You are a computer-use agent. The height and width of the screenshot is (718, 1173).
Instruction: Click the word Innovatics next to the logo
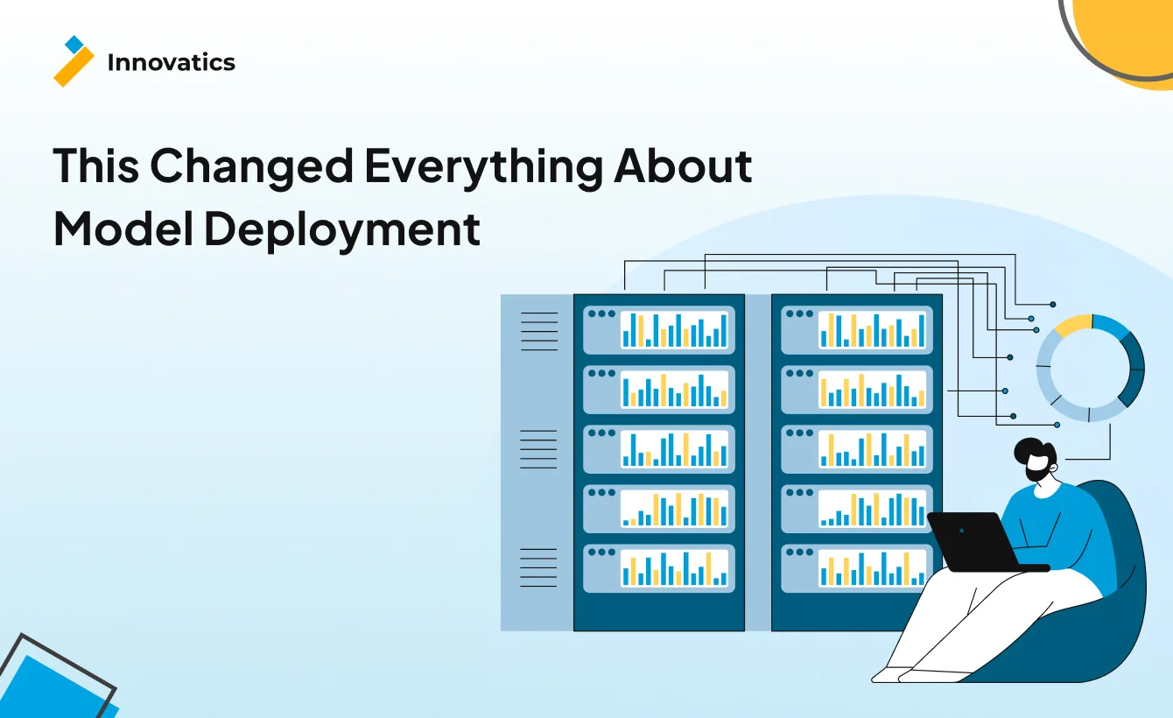(172, 62)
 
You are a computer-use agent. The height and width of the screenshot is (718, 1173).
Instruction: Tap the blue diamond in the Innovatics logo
(74, 45)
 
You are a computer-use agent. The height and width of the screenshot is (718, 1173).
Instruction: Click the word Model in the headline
(123, 229)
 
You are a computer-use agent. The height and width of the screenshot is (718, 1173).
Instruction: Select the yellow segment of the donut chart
(1073, 325)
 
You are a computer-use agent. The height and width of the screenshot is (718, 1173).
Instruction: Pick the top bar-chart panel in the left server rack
(659, 330)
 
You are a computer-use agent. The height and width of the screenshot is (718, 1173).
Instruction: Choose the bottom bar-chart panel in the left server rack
(659, 569)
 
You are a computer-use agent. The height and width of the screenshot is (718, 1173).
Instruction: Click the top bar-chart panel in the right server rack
(857, 330)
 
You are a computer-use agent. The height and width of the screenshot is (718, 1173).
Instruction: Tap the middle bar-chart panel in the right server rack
(857, 449)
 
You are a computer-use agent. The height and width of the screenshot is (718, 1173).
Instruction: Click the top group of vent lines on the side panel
(539, 331)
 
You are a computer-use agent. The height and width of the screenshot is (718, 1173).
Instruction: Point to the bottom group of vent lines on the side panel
(538, 567)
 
